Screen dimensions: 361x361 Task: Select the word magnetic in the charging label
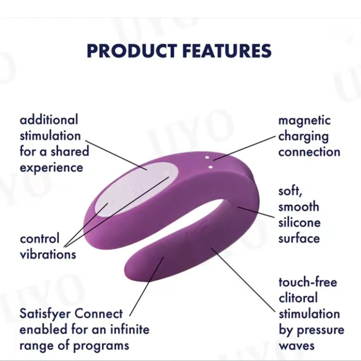(304, 121)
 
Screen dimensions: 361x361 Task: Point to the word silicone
(299, 223)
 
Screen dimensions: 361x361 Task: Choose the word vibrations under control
(48, 254)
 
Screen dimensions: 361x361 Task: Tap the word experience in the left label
(51, 168)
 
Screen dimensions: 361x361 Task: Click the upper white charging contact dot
(207, 158)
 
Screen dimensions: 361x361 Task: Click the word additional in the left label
(49, 120)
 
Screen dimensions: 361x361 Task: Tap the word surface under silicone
(299, 238)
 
